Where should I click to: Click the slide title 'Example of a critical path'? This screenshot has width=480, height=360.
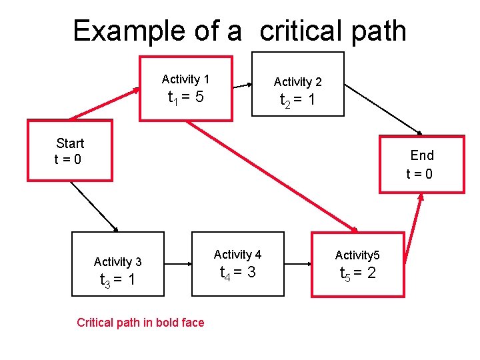click(x=239, y=31)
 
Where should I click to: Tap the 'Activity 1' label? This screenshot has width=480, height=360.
click(x=185, y=79)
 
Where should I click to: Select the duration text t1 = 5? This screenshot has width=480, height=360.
click(x=185, y=99)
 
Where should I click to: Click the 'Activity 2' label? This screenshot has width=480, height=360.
click(x=297, y=82)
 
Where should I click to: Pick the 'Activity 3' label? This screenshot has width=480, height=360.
click(x=117, y=261)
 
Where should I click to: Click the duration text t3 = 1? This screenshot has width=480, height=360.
click(x=117, y=280)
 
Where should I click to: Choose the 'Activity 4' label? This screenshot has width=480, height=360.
click(x=237, y=254)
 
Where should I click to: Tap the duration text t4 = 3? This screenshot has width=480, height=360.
click(x=237, y=273)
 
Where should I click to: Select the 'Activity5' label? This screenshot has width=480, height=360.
click(x=357, y=255)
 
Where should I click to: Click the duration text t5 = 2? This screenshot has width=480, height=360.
click(x=357, y=273)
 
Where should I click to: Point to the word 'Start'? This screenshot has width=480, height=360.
click(x=70, y=143)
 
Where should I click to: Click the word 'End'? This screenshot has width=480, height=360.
click(x=422, y=155)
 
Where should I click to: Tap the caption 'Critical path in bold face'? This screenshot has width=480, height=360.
click(x=140, y=323)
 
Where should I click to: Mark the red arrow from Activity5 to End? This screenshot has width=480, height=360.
click(x=414, y=230)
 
